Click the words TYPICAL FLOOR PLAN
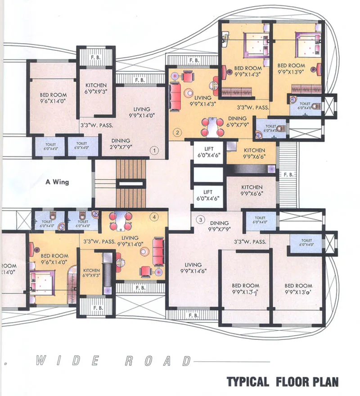[282, 382]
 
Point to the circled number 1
[154, 151]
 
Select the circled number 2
[178, 132]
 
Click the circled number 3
[201, 219]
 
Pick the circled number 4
[154, 217]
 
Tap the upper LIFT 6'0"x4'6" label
[208, 152]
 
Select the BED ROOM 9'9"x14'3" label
[245, 72]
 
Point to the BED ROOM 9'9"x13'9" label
[291, 68]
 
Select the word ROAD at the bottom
[156, 361]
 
